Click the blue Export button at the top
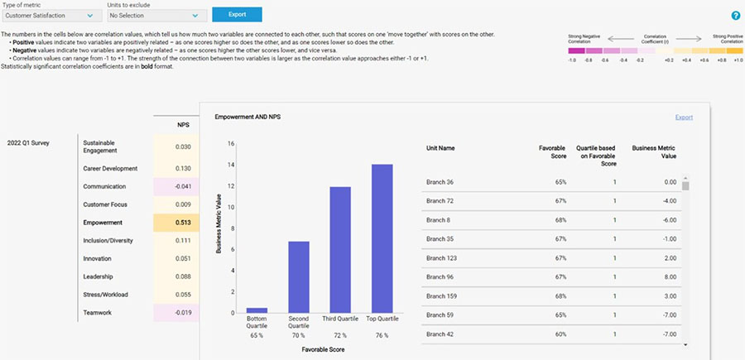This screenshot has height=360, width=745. (x=237, y=15)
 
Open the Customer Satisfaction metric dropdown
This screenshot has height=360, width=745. (x=51, y=16)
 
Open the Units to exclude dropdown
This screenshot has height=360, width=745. (x=156, y=16)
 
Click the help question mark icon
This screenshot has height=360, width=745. (x=735, y=16)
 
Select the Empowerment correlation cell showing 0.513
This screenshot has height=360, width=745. (x=176, y=223)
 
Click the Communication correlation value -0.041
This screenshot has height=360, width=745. (x=176, y=186)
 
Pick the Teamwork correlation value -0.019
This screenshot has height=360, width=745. (x=176, y=313)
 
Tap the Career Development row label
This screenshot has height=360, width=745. (x=110, y=168)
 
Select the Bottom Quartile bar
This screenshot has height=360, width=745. (x=257, y=310)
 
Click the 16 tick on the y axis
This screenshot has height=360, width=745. (x=231, y=143)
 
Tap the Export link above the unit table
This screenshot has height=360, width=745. (x=684, y=118)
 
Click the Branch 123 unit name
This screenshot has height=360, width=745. (x=443, y=258)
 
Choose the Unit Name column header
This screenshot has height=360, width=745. (x=440, y=148)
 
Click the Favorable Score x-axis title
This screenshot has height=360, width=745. (x=319, y=350)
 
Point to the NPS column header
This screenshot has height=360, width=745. (x=184, y=125)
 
